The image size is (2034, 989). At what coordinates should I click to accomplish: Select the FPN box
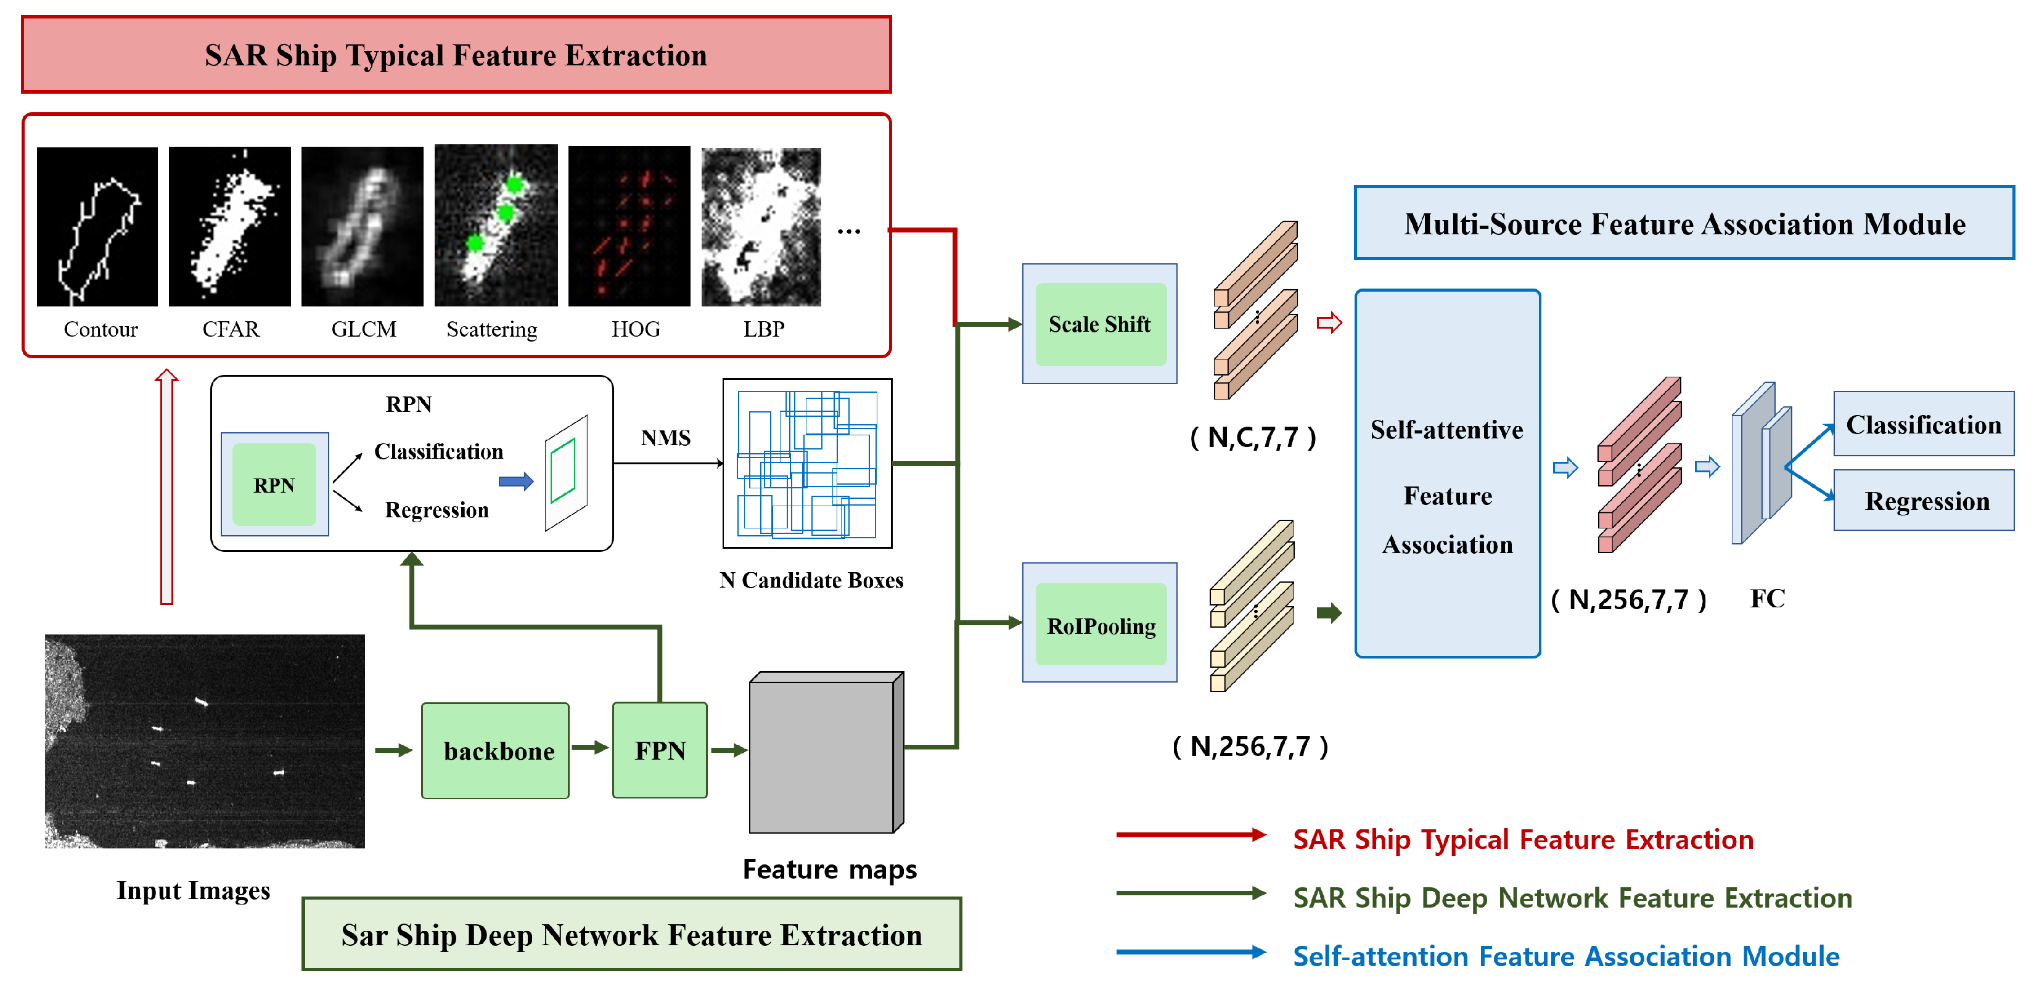659,750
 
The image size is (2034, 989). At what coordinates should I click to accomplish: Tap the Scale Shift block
1100,324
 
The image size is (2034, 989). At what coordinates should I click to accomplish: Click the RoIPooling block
1100,624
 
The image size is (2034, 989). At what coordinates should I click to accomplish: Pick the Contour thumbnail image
97,227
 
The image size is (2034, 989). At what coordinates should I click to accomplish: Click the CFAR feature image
230,227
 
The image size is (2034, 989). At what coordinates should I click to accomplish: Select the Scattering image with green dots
496,226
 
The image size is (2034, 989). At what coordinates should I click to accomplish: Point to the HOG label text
636,329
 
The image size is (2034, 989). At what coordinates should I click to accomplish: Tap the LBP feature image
761,227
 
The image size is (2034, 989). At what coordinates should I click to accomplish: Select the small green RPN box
274,484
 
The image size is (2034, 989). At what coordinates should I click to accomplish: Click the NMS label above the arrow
666,438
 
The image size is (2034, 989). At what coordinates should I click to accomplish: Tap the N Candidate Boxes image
807,464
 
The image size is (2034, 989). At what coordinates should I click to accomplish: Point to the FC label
1767,598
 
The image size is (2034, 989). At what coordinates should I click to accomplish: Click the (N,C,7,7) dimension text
1253,437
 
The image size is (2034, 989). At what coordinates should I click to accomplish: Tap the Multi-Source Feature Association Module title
1684,224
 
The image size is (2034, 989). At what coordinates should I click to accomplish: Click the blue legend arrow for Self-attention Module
1191,952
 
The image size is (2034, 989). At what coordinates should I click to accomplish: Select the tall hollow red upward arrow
166,486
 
